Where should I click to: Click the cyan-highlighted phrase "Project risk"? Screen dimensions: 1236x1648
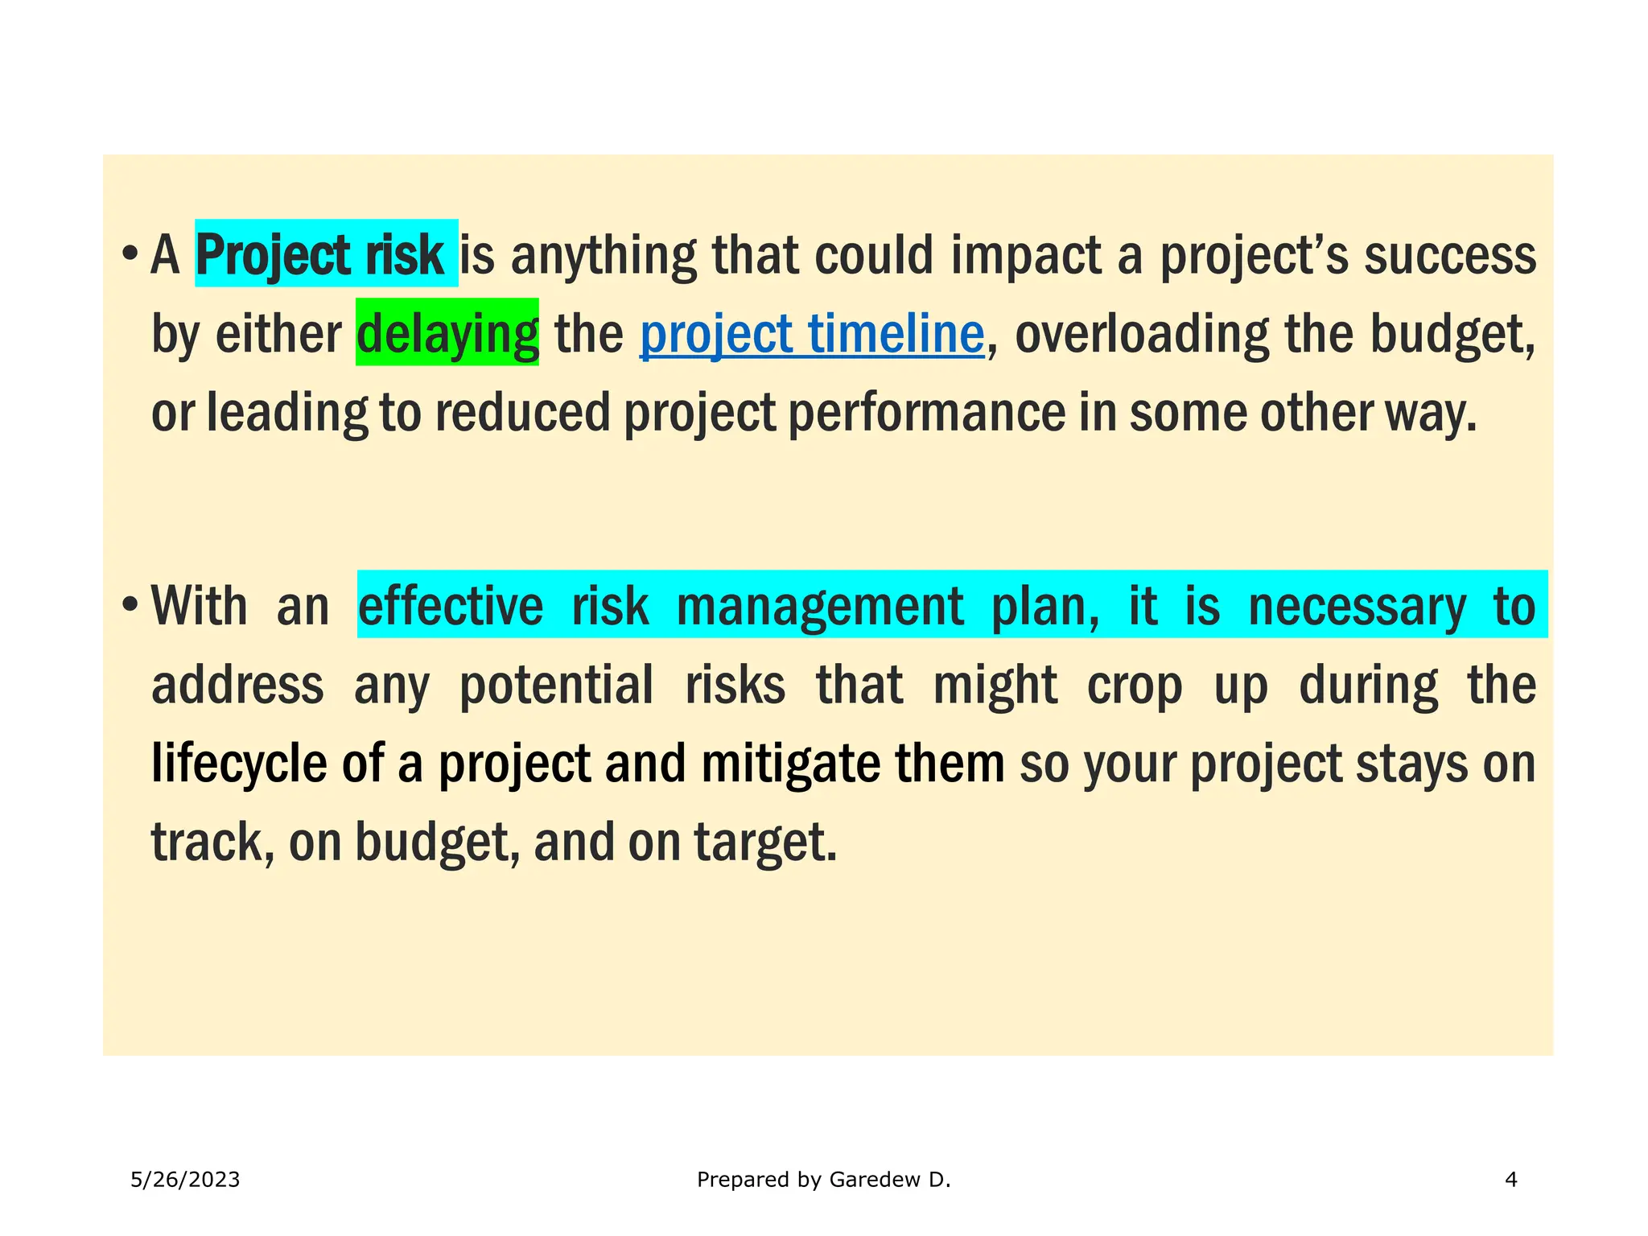coord(319,255)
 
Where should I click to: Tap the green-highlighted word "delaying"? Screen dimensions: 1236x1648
coord(447,334)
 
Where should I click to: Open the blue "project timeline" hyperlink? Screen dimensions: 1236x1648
coord(812,334)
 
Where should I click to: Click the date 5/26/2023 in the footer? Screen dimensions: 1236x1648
coord(185,1180)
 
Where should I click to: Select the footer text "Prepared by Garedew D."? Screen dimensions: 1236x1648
coord(823,1180)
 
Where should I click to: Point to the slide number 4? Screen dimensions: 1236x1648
coord(1510,1180)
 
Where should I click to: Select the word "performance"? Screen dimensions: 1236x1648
coord(926,413)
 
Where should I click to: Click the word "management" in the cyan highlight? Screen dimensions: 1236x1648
coord(819,606)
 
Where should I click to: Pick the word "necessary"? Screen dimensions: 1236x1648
coord(1357,606)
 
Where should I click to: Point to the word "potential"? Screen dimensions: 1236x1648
coord(556,685)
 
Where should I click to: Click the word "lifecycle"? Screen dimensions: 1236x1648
coord(239,764)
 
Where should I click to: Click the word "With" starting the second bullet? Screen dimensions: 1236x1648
coord(199,606)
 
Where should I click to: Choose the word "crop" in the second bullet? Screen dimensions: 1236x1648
coord(1135,685)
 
